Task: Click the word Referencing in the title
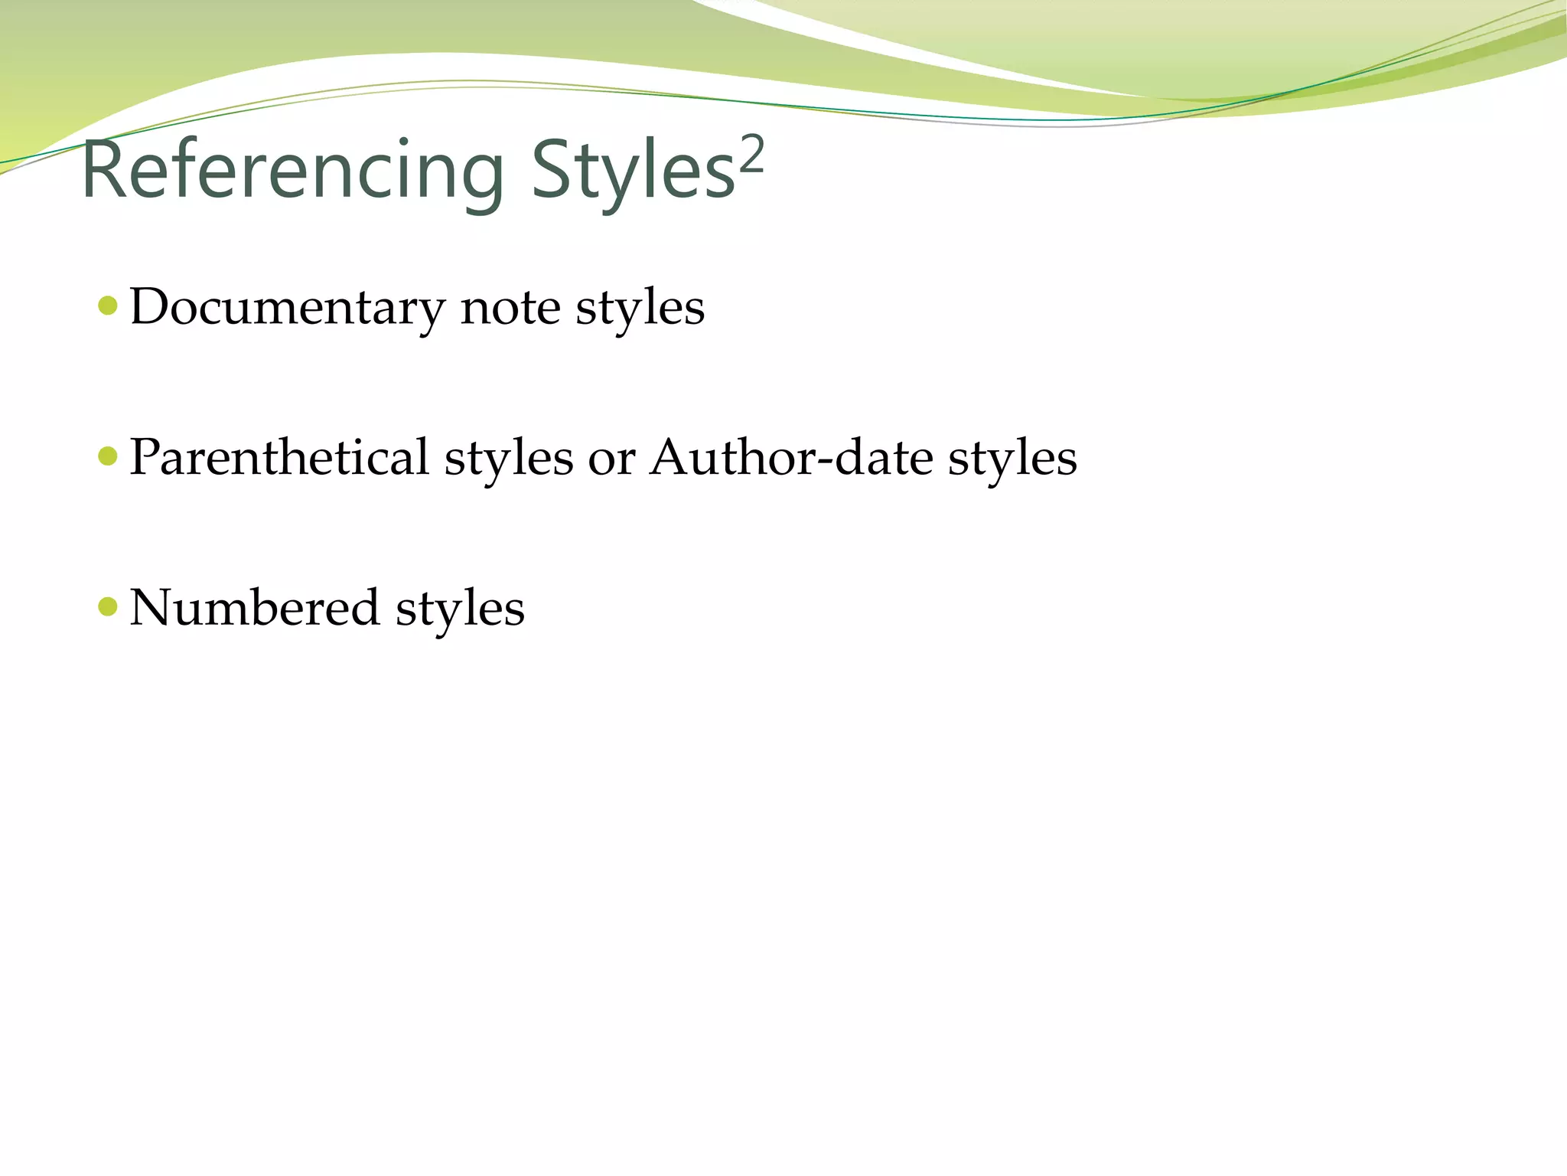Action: (292, 171)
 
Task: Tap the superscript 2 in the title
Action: (751, 155)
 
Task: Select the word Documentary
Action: (287, 307)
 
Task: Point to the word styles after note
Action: (640, 308)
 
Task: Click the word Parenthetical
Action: (279, 458)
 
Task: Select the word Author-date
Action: (791, 458)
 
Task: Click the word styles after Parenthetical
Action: (509, 458)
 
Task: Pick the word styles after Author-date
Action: (1012, 458)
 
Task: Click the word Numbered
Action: (255, 608)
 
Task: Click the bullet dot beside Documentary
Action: (108, 306)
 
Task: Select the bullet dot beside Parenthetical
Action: (108, 457)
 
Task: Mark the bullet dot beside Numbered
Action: (108, 607)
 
